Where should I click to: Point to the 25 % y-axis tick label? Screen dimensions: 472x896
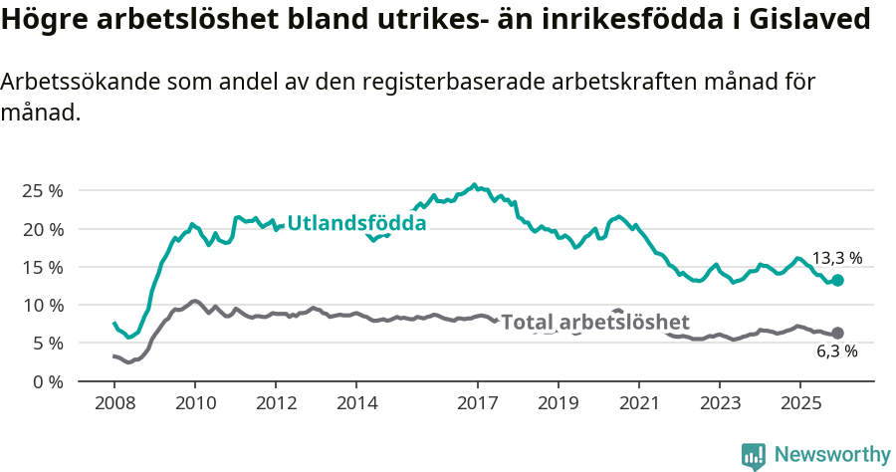pos(43,190)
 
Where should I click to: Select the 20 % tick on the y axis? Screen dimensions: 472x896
pos(43,229)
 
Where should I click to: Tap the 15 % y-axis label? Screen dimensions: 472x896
pos(43,267)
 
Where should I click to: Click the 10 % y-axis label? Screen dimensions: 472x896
pos(43,305)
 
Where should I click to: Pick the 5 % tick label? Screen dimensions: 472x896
pos(48,343)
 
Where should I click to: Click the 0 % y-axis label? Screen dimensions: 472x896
pos(48,381)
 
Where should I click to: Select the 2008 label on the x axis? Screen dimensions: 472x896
pos(113,403)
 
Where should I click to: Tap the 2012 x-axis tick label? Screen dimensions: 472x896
pos(276,403)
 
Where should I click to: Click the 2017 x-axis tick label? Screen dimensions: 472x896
pos(477,403)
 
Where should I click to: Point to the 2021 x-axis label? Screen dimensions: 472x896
pos(638,403)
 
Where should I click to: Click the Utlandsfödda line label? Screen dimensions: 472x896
pos(356,224)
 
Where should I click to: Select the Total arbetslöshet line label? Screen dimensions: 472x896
pos(595,323)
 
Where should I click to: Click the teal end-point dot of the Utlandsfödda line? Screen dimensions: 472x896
pos(837,281)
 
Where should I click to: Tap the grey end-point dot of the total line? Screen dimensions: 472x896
pos(837,333)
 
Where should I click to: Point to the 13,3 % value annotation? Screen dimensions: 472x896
pos(837,258)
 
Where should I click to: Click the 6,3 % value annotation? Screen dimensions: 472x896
pos(837,352)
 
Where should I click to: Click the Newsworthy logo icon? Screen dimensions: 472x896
pos(754,456)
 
